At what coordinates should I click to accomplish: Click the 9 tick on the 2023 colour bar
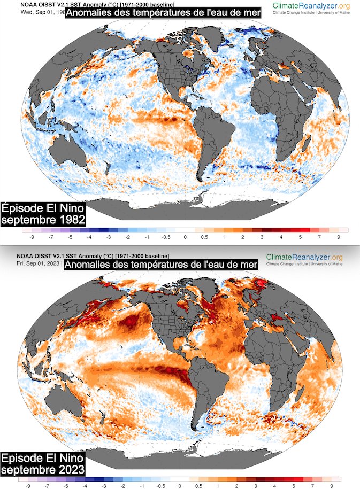pos(332,486)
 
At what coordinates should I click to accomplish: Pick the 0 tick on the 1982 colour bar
pos(185,236)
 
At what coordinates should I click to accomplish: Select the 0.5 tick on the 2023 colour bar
pos(198,486)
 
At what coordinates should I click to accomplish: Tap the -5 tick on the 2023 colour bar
pos(66,486)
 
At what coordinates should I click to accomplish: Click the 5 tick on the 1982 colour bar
pos(300,236)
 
